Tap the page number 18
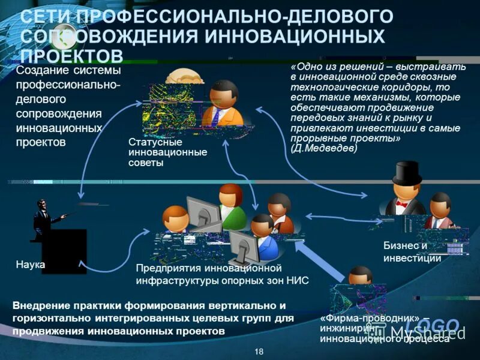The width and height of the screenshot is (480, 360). pos(259,351)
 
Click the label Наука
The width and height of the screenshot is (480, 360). pos(30,263)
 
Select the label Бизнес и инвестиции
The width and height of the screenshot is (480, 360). pos(413,252)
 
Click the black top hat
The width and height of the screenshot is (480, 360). pos(407,173)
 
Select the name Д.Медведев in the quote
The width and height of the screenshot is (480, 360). pos(326,148)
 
